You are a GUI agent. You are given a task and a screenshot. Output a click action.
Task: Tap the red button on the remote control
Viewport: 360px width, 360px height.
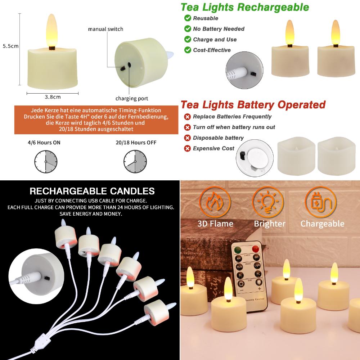pos(256,248)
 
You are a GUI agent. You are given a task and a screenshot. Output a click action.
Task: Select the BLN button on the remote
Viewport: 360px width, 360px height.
pos(239,266)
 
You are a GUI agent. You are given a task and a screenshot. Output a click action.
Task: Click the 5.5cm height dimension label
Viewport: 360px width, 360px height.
pos(10,46)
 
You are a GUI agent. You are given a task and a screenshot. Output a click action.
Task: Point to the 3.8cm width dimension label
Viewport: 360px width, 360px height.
pos(53,96)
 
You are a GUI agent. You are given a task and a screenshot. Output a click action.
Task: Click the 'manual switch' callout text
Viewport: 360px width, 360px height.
pos(105,29)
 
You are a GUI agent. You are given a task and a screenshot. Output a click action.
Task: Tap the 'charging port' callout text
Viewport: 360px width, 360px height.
pos(132,98)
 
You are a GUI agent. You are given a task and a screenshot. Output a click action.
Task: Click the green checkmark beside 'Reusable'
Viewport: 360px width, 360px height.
pos(188,18)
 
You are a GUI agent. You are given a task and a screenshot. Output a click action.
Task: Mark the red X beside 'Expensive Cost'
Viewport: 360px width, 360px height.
pos(188,148)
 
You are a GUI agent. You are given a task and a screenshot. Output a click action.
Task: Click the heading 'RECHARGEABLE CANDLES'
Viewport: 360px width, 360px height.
pos(92,191)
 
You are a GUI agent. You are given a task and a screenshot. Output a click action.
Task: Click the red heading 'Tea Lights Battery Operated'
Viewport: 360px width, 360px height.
pos(253,105)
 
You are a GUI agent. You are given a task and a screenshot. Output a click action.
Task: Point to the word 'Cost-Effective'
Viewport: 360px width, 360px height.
pos(212,50)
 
